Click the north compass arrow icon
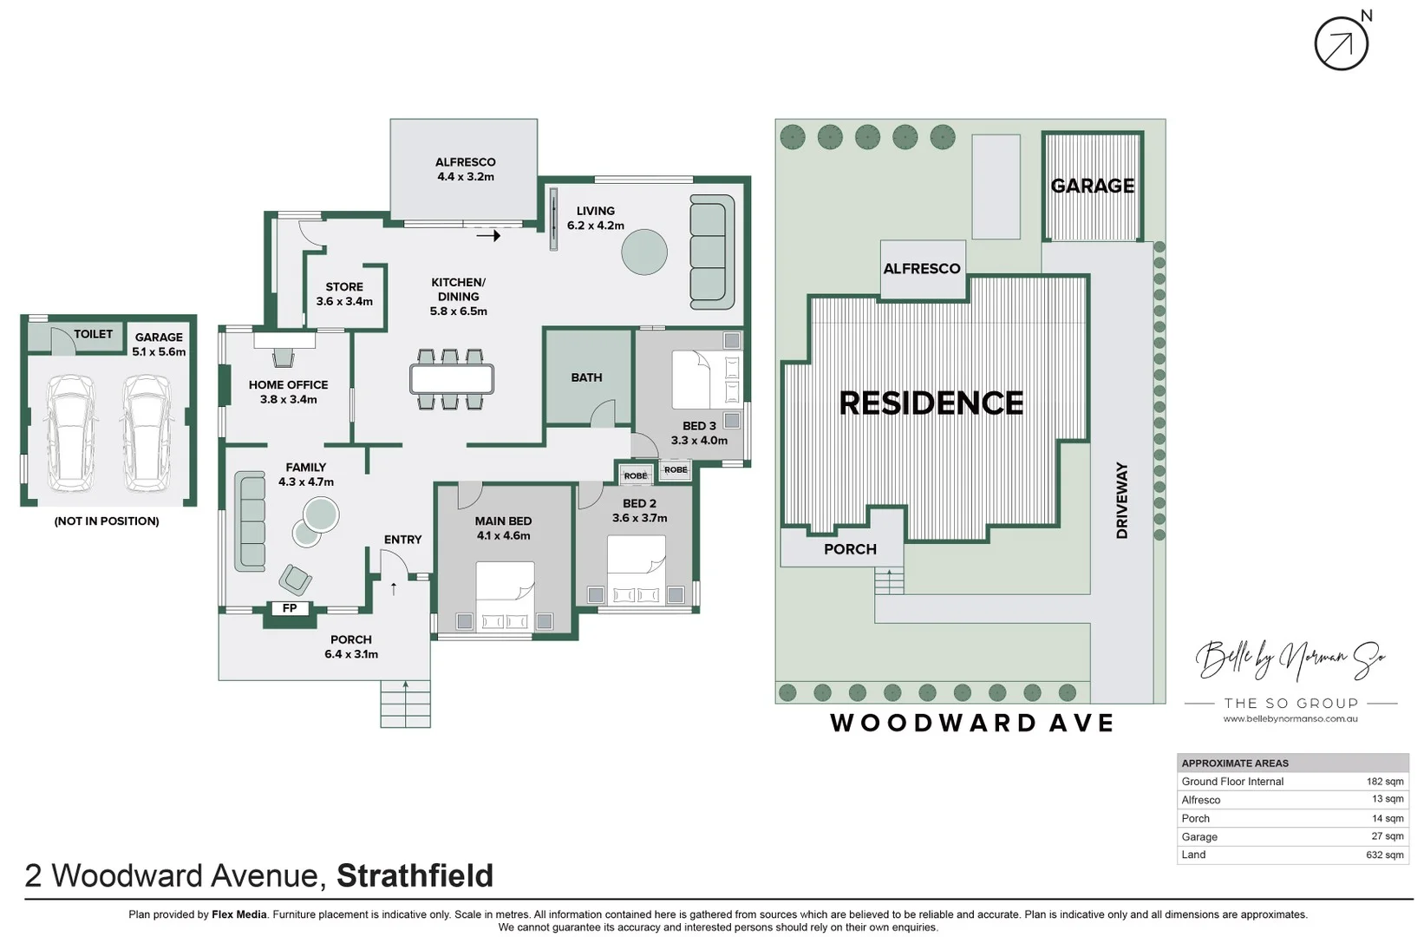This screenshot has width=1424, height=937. pos(1341,44)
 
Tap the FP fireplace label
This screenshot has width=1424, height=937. pos(290,608)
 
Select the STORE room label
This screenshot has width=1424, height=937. pos(344,287)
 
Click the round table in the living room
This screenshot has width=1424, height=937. pos(644,252)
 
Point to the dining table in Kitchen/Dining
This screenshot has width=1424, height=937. pos(451,379)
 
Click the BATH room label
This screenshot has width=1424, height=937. pos(586,377)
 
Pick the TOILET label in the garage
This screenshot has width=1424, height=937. pos(93,334)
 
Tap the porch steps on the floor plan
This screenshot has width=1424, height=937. pos(405,703)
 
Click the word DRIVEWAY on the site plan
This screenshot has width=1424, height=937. pos(1121,500)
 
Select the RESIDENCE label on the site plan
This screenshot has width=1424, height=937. pos(931,403)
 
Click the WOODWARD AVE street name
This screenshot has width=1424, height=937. pos(971,724)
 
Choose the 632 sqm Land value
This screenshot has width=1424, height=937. pos(1384,855)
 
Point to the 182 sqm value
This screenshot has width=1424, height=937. pos(1385,782)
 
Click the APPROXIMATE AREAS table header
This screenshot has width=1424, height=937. pos(1235,763)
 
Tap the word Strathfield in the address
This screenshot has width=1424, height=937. pos(415,875)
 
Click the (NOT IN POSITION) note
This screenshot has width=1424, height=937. pos(107,521)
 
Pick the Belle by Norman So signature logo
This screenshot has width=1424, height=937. pos(1290,659)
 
